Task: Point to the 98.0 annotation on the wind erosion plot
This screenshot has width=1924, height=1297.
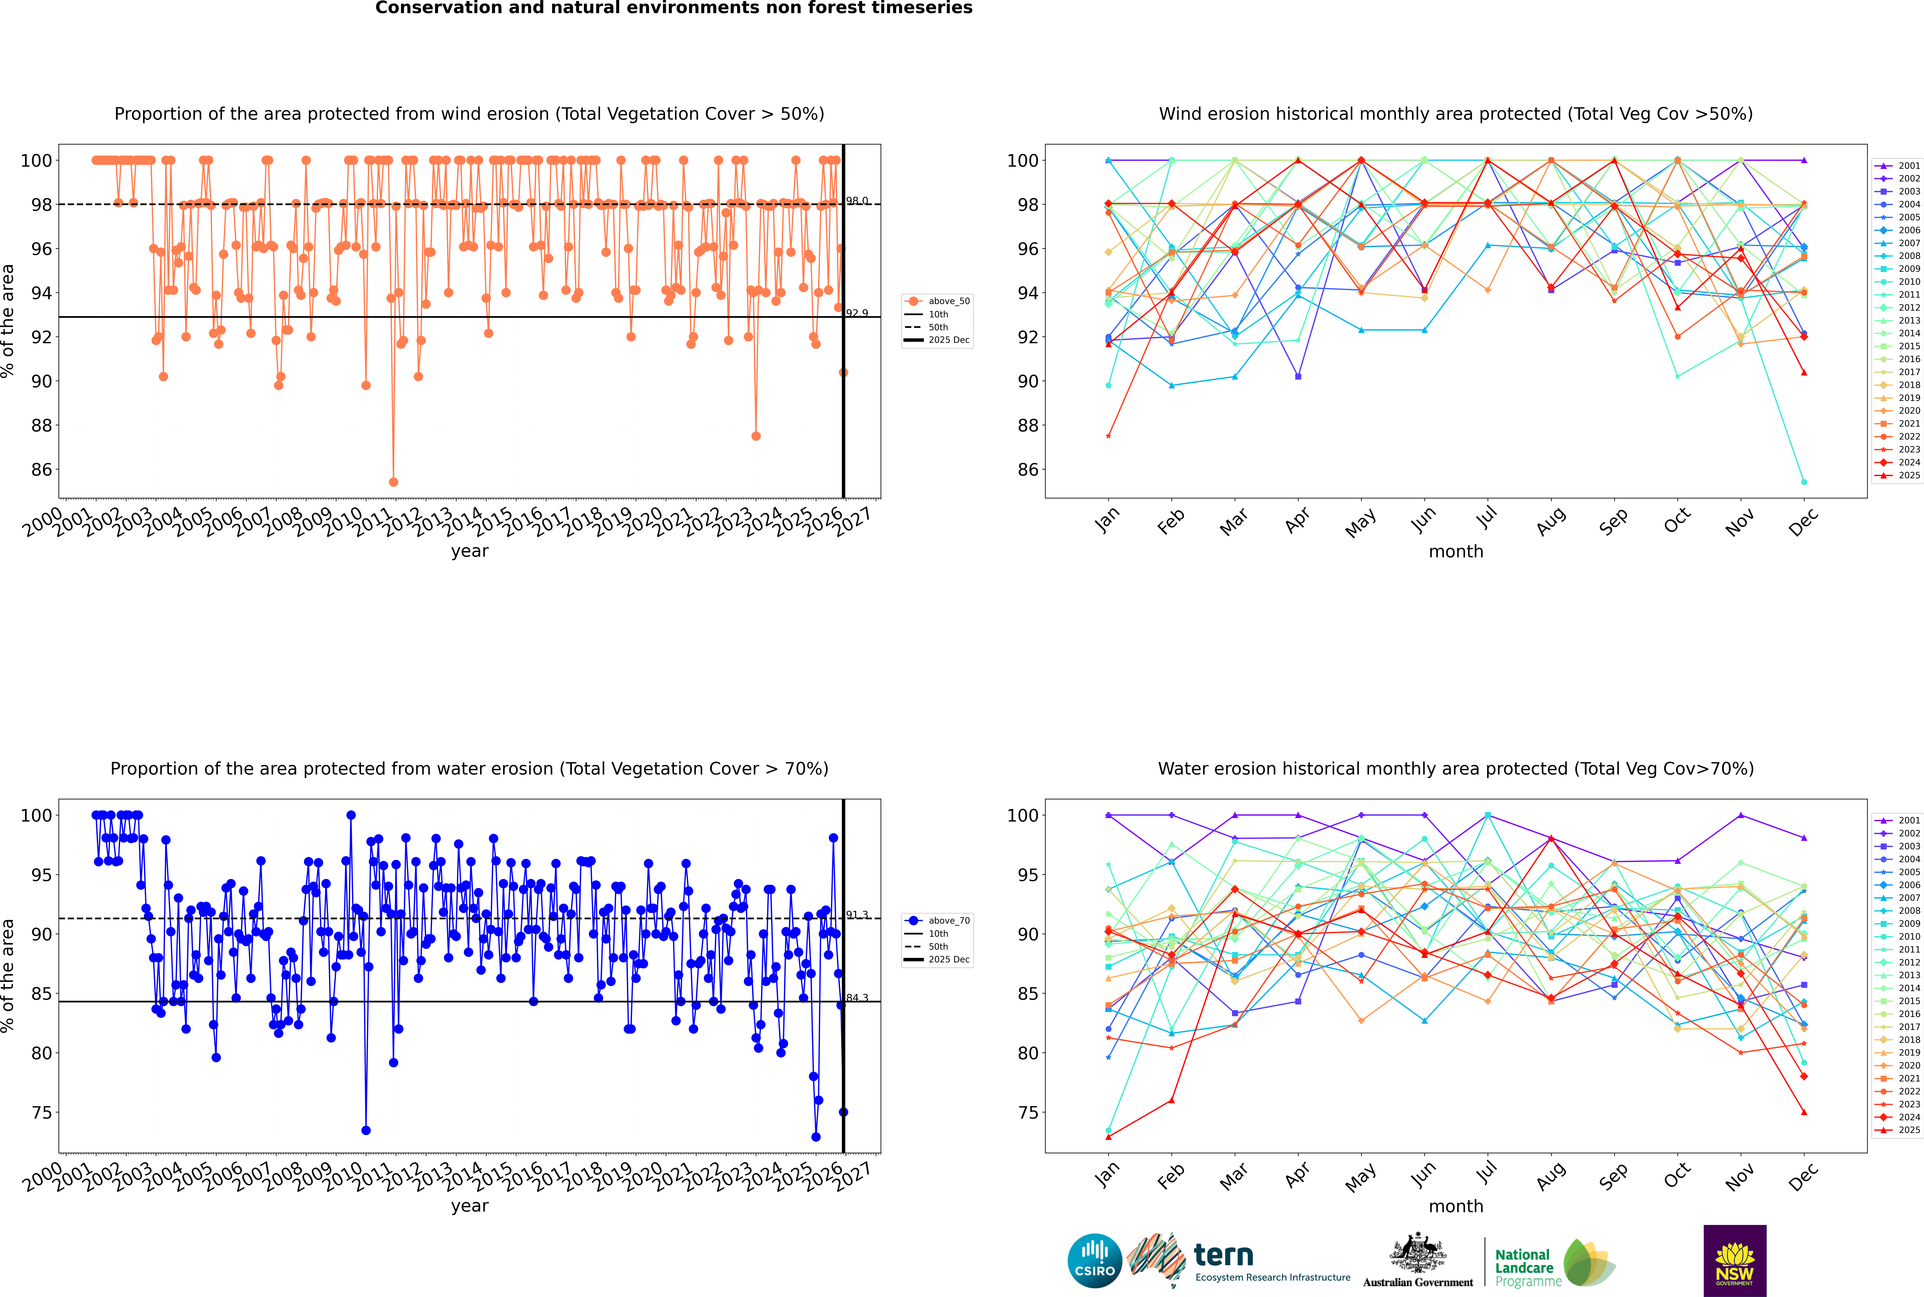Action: (x=857, y=201)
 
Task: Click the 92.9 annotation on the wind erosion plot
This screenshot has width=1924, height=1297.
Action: (x=857, y=313)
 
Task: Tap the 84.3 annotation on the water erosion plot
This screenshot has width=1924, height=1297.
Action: (x=857, y=998)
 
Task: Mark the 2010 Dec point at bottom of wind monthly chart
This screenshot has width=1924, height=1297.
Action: (x=1804, y=482)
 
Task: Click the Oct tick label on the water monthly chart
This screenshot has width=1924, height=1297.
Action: (x=1676, y=1175)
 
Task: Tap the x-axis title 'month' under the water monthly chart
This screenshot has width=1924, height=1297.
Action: (x=1456, y=1206)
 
